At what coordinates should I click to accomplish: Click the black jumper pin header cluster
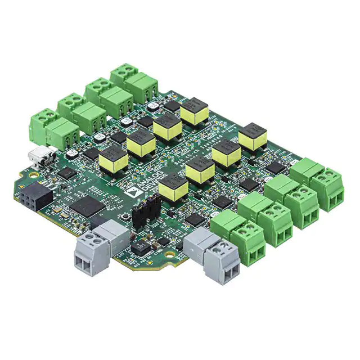click(x=145, y=213)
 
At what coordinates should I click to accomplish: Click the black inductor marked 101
click(x=138, y=250)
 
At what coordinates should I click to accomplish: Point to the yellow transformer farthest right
click(x=253, y=137)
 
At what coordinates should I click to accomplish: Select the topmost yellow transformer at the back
click(x=195, y=111)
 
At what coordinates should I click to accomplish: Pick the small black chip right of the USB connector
click(x=66, y=173)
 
